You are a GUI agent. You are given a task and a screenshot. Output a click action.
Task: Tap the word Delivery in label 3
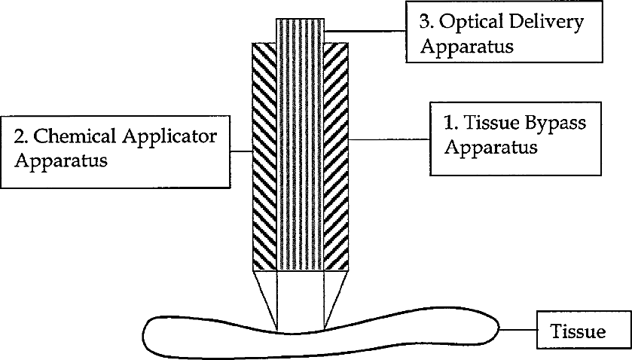click(545, 23)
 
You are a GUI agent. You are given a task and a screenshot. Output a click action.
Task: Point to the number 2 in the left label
click(20, 136)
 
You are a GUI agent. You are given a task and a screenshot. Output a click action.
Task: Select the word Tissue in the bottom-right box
click(579, 331)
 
